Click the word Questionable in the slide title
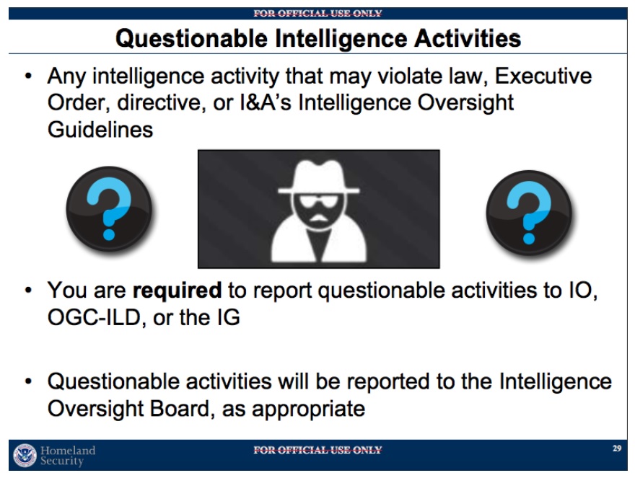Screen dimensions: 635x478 [x=191, y=39]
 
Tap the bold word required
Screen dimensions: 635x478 [x=177, y=291]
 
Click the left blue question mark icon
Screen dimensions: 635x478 [x=109, y=209]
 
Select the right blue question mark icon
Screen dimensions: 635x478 [x=529, y=213]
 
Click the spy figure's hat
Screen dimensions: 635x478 [x=319, y=177]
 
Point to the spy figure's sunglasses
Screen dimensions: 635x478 [x=319, y=200]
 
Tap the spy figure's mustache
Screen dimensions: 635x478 [x=319, y=218]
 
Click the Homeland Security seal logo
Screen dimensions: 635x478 [x=25, y=456]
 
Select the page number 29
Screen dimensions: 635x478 [x=617, y=448]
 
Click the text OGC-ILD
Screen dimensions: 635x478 [x=94, y=317]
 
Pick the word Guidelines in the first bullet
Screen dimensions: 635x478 [x=100, y=130]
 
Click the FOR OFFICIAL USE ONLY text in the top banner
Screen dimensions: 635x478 [x=318, y=14]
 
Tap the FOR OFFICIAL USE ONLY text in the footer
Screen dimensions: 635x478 [x=318, y=450]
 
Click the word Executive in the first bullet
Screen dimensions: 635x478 [x=543, y=76]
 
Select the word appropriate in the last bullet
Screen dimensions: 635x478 [x=309, y=410]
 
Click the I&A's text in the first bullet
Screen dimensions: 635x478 [x=266, y=103]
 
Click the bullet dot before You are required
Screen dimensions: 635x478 [x=28, y=291]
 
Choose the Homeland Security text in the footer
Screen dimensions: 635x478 [x=68, y=456]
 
